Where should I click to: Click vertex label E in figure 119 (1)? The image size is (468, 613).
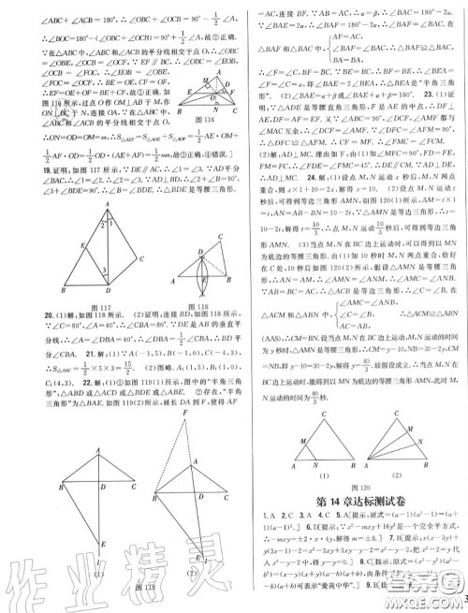(91, 568)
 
